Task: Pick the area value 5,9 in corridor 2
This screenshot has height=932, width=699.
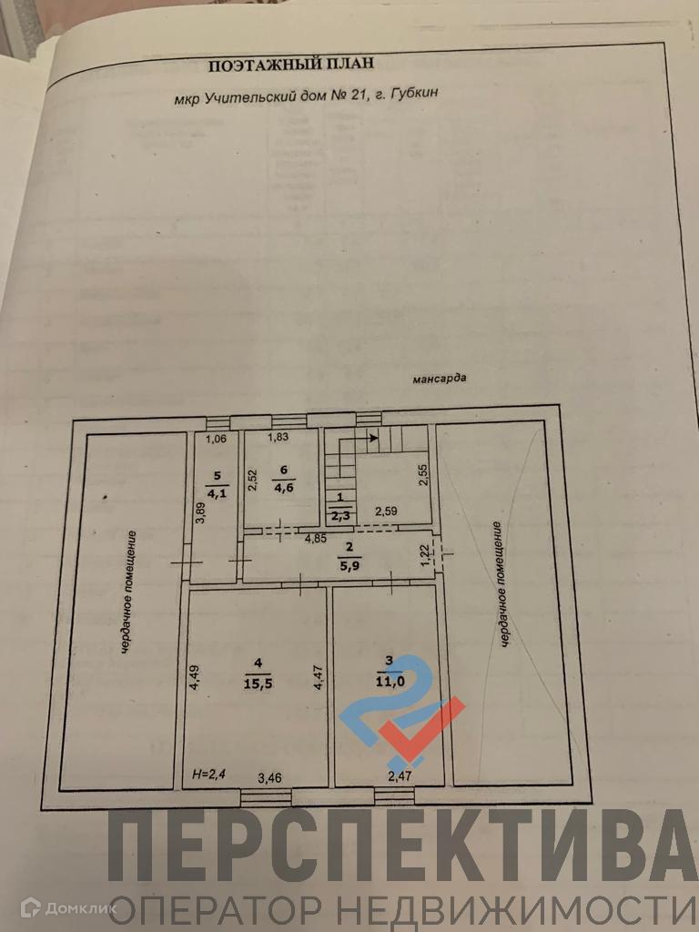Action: (x=349, y=562)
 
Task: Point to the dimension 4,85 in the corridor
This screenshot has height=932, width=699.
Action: (x=315, y=538)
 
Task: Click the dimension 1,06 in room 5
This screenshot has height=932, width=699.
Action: (x=216, y=439)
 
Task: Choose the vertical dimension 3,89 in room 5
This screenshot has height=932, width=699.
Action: (x=200, y=523)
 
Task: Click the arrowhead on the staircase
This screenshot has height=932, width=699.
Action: (x=373, y=439)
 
